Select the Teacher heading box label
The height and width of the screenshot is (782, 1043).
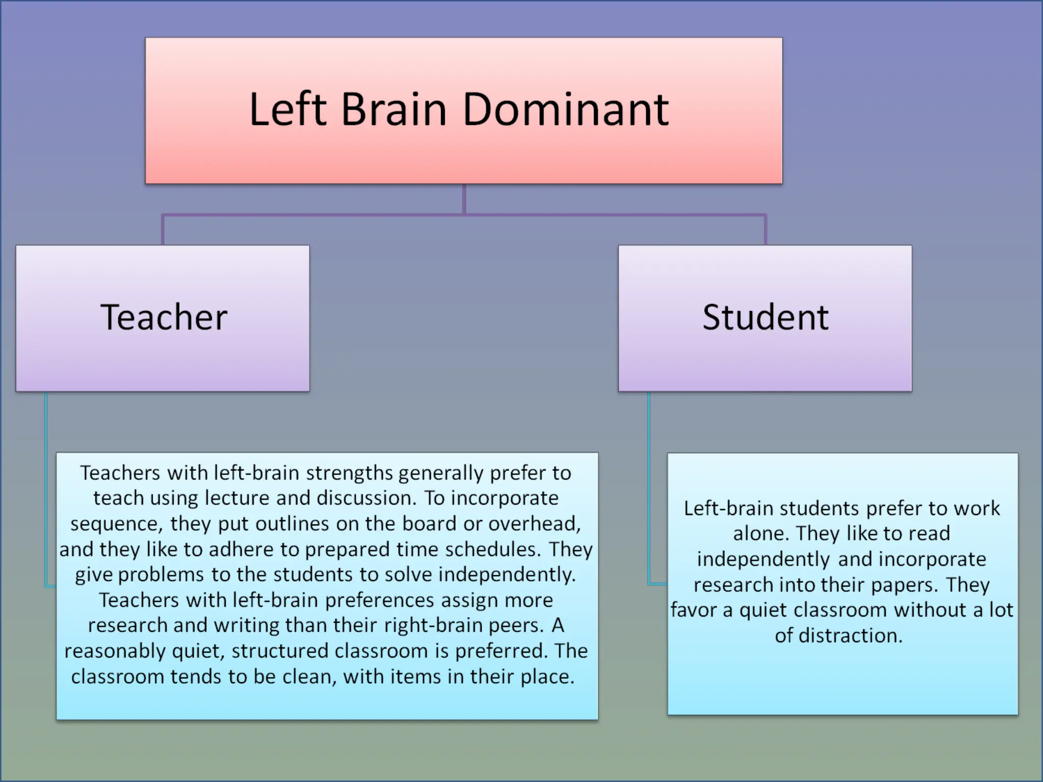point(163,317)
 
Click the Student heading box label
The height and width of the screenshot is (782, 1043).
point(765,317)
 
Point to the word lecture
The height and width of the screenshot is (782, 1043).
point(237,498)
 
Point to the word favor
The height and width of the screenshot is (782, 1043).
point(693,610)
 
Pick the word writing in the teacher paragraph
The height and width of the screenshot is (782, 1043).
point(248,626)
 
